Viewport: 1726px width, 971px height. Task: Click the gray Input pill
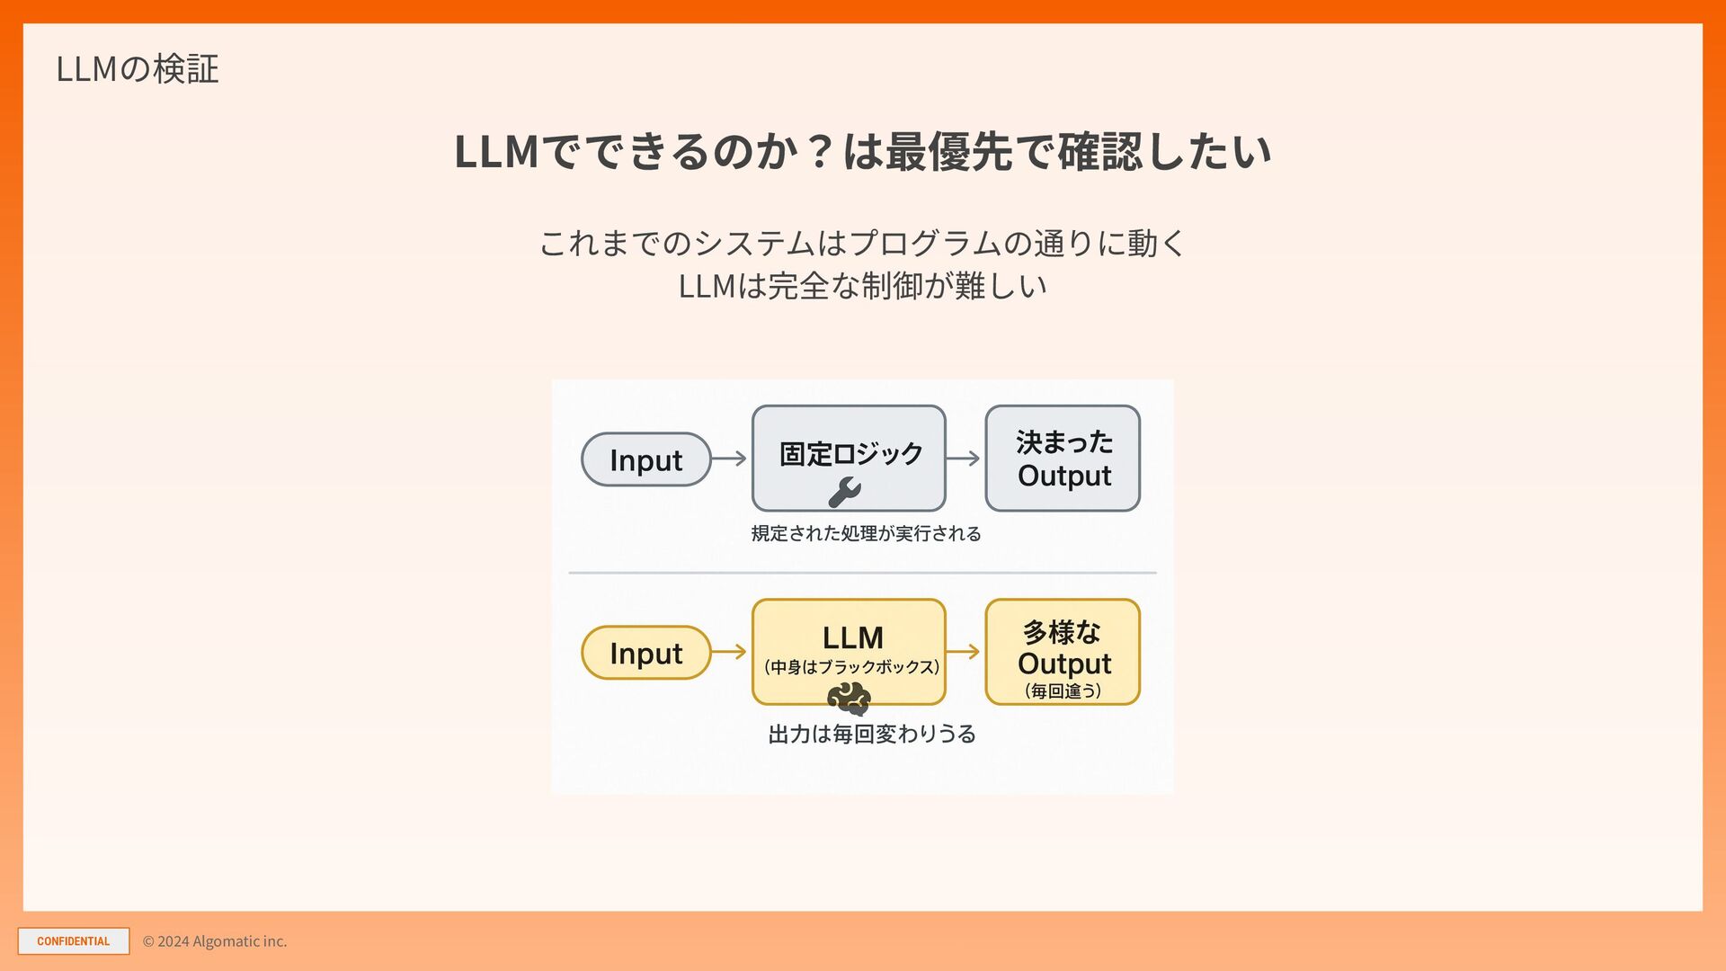tap(645, 459)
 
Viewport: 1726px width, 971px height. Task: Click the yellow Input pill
tap(645, 653)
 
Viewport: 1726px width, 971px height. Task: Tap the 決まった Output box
tap(1063, 459)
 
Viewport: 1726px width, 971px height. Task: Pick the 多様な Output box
tap(1063, 652)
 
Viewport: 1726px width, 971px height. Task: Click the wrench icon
tap(844, 492)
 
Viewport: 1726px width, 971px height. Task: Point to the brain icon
tap(849, 699)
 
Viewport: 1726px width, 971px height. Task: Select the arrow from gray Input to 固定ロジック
tap(729, 459)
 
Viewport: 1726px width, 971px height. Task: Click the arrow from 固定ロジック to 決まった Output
tap(963, 459)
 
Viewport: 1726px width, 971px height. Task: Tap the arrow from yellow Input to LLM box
tap(729, 652)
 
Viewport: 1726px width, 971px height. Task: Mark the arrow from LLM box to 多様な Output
tap(963, 652)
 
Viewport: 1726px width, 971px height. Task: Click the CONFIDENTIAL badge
tap(74, 941)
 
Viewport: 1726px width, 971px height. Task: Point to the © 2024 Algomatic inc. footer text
tap(215, 941)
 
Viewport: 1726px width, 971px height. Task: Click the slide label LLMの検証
tap(138, 69)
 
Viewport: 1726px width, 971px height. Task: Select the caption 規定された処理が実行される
tap(866, 534)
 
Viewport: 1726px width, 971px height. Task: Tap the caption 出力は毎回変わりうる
tap(871, 735)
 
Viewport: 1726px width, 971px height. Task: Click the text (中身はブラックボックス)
tap(851, 667)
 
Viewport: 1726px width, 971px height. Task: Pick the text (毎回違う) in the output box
tap(1063, 691)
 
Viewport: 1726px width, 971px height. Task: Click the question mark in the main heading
tap(819, 151)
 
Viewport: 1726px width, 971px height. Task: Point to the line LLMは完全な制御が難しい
tap(862, 286)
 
